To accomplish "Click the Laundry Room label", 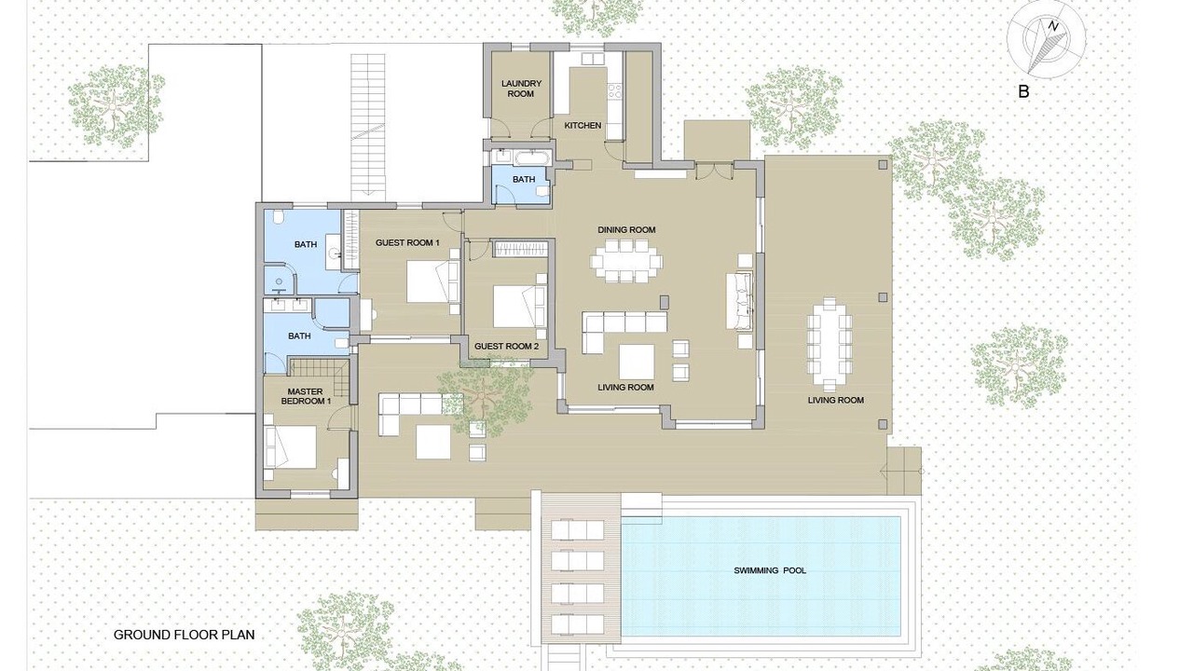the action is tap(521, 89).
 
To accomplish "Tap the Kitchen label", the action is tap(583, 125).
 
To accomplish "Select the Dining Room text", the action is tap(626, 230).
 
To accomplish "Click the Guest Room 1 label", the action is tap(407, 243).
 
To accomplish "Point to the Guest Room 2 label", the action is tap(506, 346).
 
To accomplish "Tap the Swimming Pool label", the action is tap(770, 570).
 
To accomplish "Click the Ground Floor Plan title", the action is tap(185, 635).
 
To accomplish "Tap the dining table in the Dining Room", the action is tap(626, 261).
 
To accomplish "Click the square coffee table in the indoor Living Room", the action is tap(637, 362).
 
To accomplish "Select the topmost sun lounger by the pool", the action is tap(577, 530).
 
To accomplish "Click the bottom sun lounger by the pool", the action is tap(577, 624).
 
